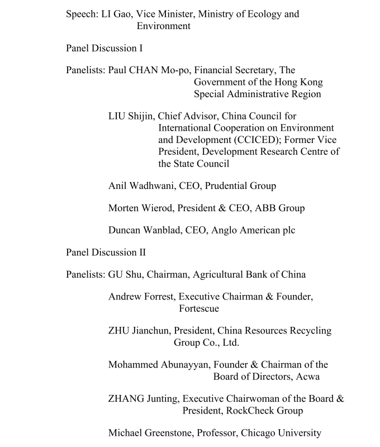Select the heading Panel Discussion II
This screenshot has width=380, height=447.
pyautogui.click(x=106, y=252)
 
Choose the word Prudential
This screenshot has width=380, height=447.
pyautogui.click(x=232, y=186)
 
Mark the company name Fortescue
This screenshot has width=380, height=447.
pyautogui.click(x=199, y=308)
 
